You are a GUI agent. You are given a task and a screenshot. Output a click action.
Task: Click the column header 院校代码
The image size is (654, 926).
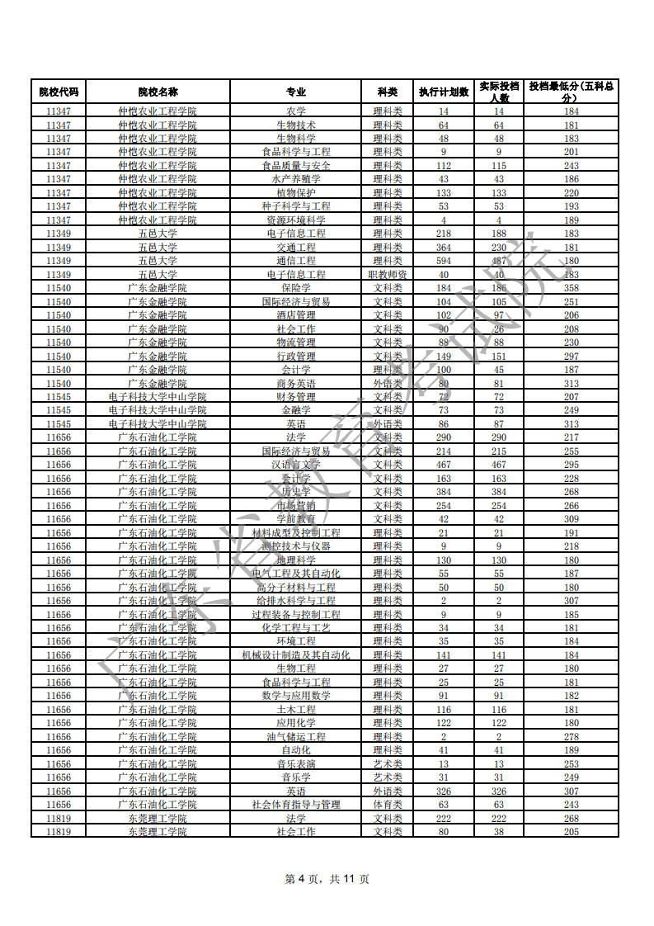click(59, 92)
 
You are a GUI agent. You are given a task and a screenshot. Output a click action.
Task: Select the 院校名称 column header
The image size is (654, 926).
click(158, 92)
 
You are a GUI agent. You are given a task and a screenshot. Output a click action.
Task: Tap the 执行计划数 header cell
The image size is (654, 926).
click(444, 92)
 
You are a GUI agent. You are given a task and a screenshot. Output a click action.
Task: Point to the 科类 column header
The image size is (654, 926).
click(388, 92)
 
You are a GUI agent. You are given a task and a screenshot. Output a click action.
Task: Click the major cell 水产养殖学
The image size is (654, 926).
click(296, 179)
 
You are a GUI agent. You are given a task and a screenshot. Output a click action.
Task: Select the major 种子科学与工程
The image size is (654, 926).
click(296, 206)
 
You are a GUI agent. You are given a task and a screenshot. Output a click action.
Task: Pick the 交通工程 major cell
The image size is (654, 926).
click(296, 247)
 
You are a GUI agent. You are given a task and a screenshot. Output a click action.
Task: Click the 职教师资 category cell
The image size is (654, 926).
click(388, 274)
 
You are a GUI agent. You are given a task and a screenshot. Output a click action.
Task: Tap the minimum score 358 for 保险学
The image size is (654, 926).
click(571, 288)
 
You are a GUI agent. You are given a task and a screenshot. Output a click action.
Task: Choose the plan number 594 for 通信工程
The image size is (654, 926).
click(444, 261)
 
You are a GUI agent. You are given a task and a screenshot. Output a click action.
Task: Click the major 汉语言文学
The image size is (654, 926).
click(296, 465)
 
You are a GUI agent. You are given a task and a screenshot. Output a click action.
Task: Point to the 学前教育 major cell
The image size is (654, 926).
click(296, 519)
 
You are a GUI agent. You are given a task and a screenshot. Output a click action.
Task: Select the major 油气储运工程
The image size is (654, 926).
click(296, 737)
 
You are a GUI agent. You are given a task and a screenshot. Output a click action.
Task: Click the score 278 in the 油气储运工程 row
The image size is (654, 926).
click(571, 737)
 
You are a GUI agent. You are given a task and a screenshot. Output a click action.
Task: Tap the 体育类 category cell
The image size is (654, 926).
click(388, 805)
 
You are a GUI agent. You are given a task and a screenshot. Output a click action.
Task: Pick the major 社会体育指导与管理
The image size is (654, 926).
click(296, 805)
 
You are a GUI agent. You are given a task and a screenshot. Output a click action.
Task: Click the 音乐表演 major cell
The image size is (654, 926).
click(296, 764)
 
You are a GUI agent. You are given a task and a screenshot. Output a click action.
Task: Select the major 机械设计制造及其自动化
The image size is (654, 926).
click(296, 655)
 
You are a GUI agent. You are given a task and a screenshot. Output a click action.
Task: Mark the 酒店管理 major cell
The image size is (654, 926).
click(296, 315)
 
